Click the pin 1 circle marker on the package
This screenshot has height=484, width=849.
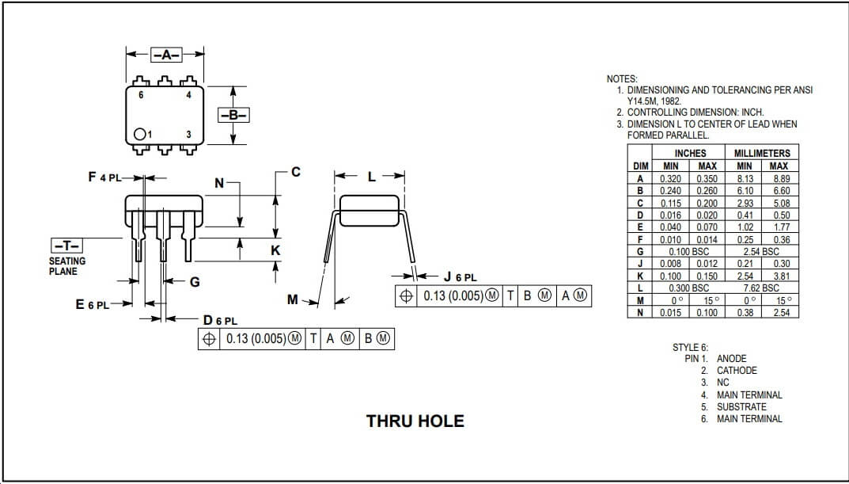pyautogui.click(x=139, y=135)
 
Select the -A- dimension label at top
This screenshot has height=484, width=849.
pyautogui.click(x=166, y=55)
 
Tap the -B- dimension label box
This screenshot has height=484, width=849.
pyautogui.click(x=233, y=115)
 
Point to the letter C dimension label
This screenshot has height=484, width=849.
pyautogui.click(x=295, y=171)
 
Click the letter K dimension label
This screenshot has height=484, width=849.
pyautogui.click(x=275, y=250)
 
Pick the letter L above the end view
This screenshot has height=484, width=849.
pyautogui.click(x=371, y=177)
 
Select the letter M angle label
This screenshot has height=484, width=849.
pyautogui.click(x=293, y=299)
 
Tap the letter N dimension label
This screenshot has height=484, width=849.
pyautogui.click(x=219, y=183)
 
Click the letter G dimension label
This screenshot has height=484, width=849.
pyautogui.click(x=194, y=282)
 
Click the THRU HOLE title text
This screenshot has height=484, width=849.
pyautogui.click(x=415, y=421)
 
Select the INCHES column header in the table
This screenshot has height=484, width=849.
pyautogui.click(x=690, y=153)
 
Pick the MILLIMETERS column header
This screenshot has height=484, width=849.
pyautogui.click(x=762, y=153)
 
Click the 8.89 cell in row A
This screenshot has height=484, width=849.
pyautogui.click(x=779, y=178)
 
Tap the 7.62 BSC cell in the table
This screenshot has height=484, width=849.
pyautogui.click(x=762, y=288)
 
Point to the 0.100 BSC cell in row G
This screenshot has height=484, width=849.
pyautogui.click(x=690, y=251)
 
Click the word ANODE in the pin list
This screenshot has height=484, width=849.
pyautogui.click(x=731, y=359)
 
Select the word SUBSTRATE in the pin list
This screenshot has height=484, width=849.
pyautogui.click(x=741, y=407)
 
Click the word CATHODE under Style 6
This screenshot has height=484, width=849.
pyautogui.click(x=737, y=371)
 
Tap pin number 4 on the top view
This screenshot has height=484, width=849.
pyautogui.click(x=188, y=95)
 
